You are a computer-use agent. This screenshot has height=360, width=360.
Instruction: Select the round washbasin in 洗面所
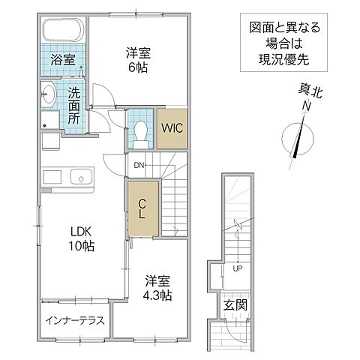pos(48,94)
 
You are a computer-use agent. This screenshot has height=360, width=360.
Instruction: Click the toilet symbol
pos(140,130)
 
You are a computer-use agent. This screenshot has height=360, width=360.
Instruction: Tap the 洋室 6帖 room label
pos(136,59)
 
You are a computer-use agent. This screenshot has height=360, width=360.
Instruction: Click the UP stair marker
pos(237,268)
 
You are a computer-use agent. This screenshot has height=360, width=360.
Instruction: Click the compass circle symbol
pos(298,141)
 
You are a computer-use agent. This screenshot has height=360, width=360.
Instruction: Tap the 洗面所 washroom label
pos(75,106)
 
